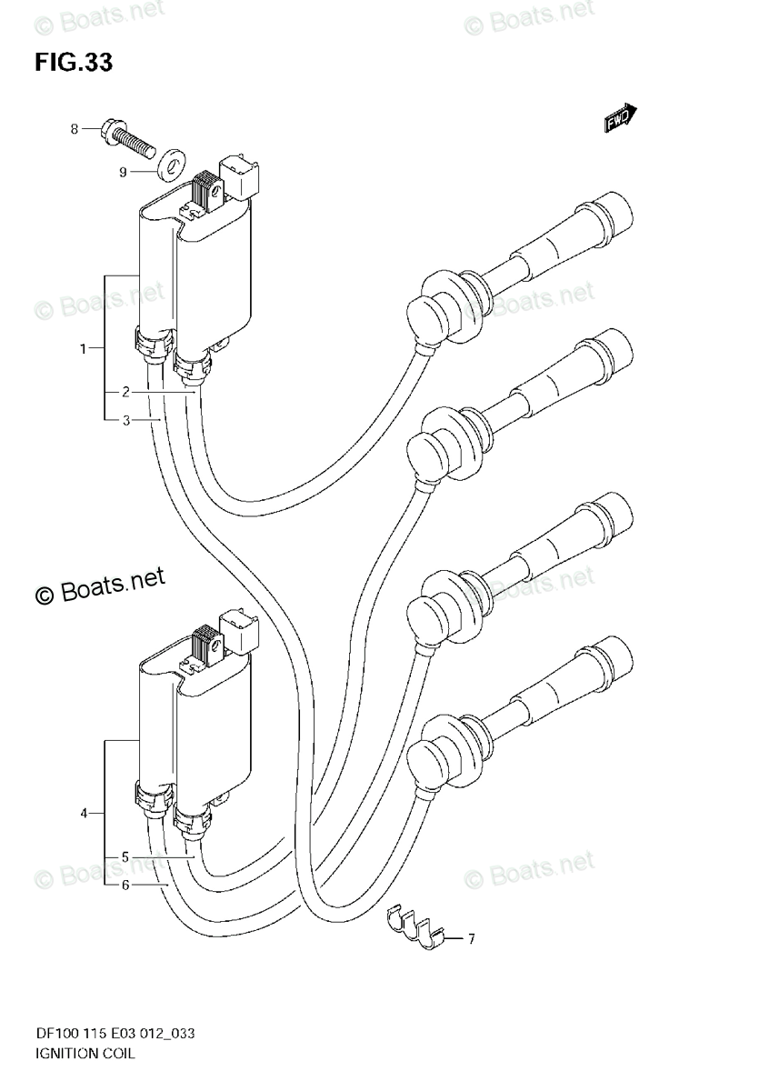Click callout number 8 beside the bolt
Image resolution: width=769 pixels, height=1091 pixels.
tap(75, 129)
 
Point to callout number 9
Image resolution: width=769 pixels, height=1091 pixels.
tap(122, 170)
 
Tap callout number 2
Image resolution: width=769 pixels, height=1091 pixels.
tap(125, 392)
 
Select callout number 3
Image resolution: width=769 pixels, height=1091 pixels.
tap(125, 419)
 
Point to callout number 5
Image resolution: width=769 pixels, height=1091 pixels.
tap(125, 856)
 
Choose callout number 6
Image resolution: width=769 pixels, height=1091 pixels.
tap(125, 884)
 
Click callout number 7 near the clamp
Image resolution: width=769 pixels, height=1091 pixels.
tap(472, 937)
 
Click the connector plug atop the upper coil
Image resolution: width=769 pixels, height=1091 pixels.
tap(243, 175)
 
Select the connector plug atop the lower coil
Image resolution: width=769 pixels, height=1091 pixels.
tap(242, 629)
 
